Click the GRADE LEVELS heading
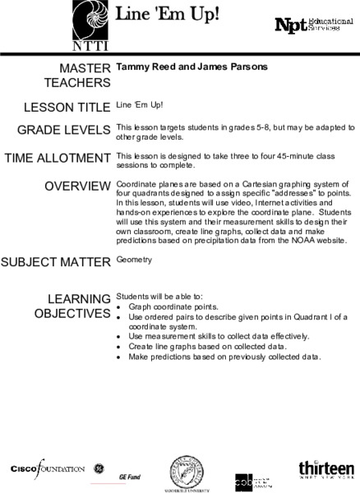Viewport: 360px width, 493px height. point(64,130)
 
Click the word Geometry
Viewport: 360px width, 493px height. point(136,260)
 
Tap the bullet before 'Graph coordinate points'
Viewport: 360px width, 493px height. point(120,306)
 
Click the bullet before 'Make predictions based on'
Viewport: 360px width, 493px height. point(120,357)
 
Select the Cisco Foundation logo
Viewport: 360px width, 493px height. point(48,468)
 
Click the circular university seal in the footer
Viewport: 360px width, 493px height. point(187,472)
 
